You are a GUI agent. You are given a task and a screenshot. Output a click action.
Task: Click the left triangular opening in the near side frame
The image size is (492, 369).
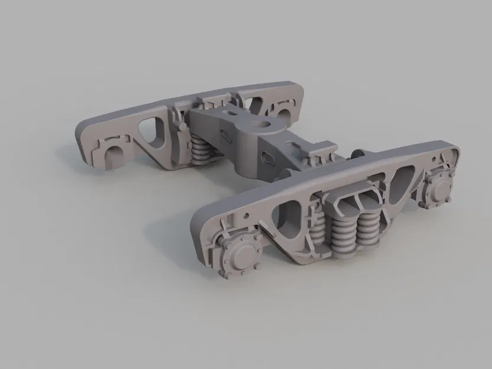click(x=290, y=213)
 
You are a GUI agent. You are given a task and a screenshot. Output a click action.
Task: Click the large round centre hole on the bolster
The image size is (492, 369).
click(x=260, y=124)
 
